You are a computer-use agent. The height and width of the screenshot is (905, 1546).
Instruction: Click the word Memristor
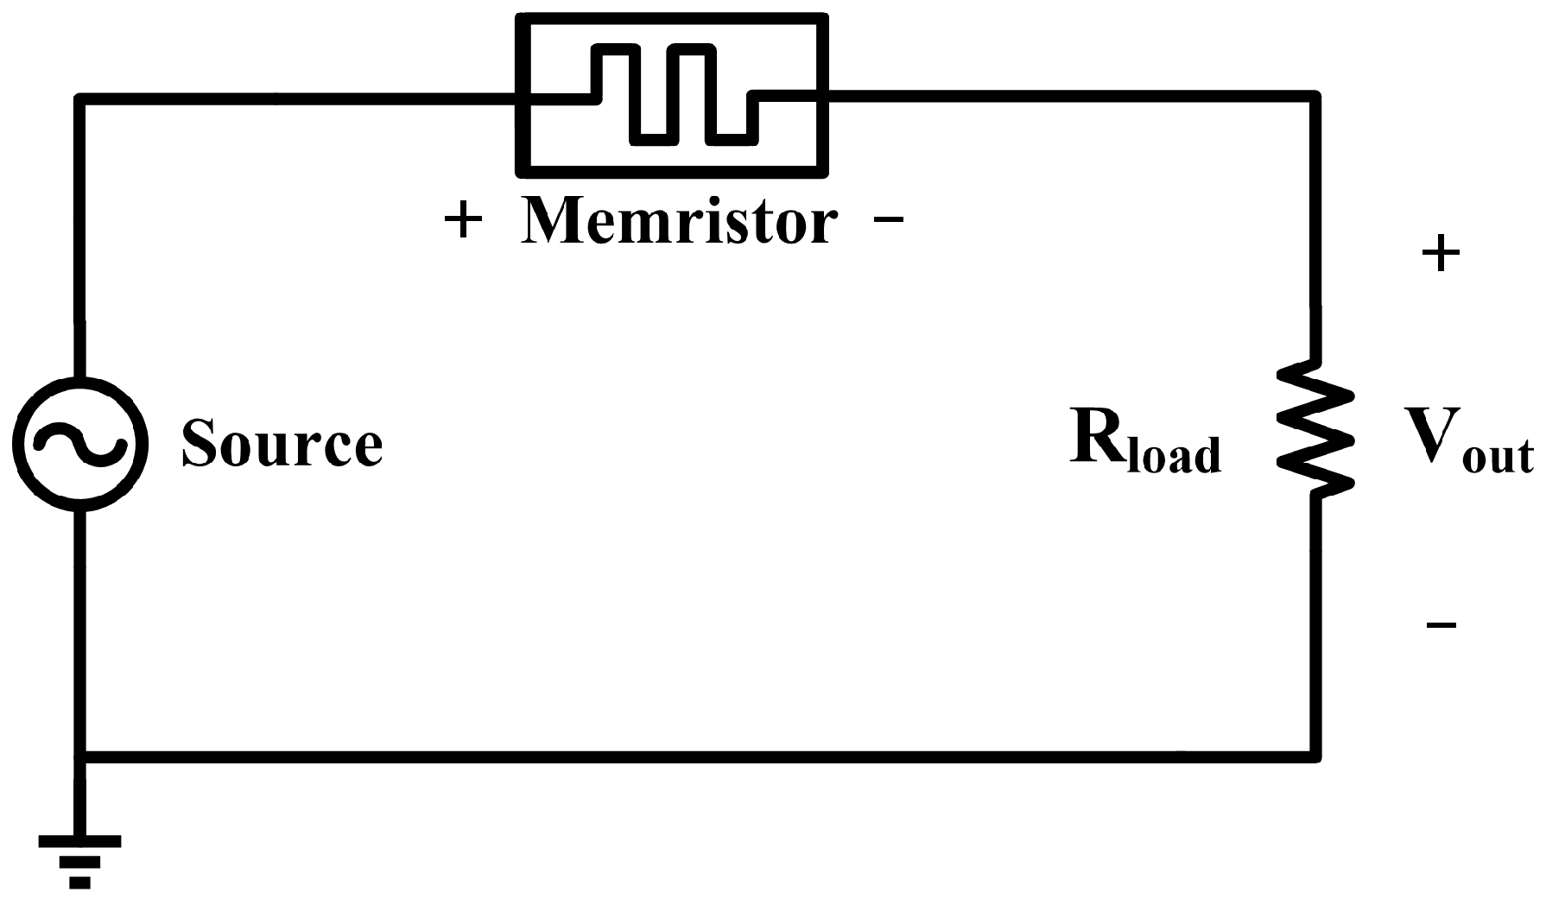(x=679, y=221)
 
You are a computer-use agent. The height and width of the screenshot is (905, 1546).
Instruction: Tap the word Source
(x=282, y=444)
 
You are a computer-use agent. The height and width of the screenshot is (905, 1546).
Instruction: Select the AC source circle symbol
(x=80, y=444)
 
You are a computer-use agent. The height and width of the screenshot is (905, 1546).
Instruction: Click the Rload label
(x=1146, y=442)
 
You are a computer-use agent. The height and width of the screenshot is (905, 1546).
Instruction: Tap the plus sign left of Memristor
(x=463, y=222)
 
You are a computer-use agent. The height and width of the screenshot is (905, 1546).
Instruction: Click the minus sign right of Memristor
(x=889, y=221)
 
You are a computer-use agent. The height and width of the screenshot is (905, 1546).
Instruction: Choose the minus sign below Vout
(x=1441, y=623)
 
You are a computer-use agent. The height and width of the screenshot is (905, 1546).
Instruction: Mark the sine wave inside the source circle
(x=80, y=444)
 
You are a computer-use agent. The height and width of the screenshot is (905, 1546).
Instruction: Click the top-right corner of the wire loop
(x=1315, y=97)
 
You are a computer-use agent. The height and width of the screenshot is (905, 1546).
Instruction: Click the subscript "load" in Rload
(x=1175, y=454)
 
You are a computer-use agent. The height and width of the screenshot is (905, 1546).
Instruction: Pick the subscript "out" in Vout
(x=1498, y=455)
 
